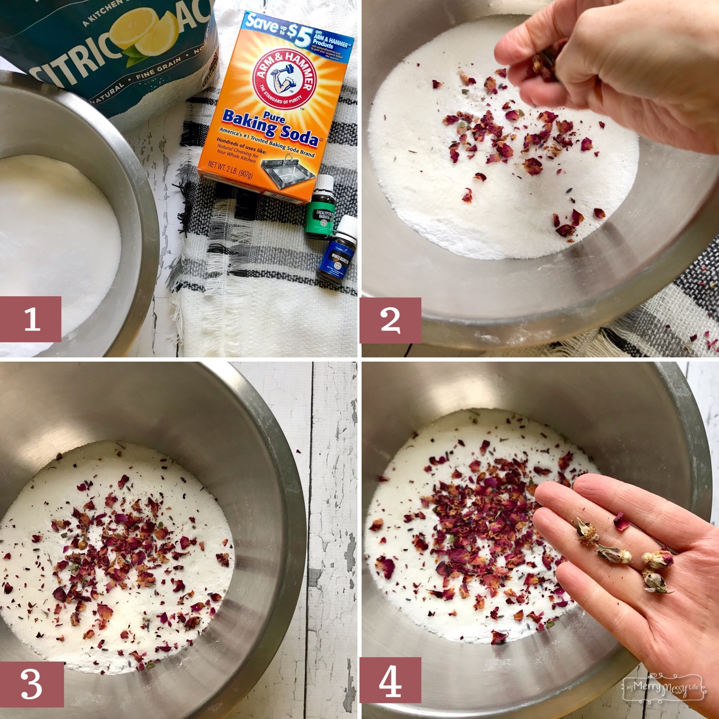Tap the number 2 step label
click(x=390, y=320)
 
